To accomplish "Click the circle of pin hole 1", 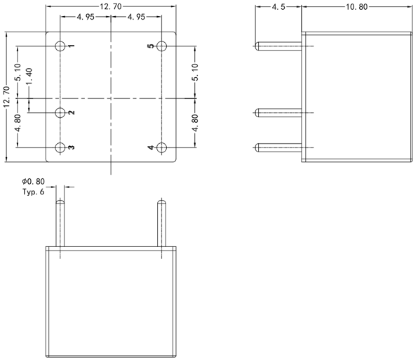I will point(61,46).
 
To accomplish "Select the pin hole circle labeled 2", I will point(61,112).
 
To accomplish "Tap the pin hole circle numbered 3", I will point(61,147).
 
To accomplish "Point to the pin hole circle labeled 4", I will point(162,147).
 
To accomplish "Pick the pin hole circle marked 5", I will point(162,46).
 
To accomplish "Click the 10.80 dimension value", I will point(357,7).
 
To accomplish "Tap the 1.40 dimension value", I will point(29,78).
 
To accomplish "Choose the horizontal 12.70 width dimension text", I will point(112,6).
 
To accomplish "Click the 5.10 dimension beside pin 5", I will point(195,72).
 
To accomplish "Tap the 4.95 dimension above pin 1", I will point(86,16).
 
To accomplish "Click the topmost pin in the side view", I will point(279,46).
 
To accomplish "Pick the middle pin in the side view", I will point(279,112).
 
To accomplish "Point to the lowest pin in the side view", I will point(279,147).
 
